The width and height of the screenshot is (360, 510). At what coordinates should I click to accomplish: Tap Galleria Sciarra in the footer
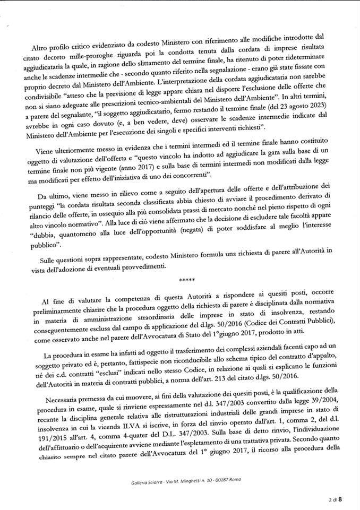145,481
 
